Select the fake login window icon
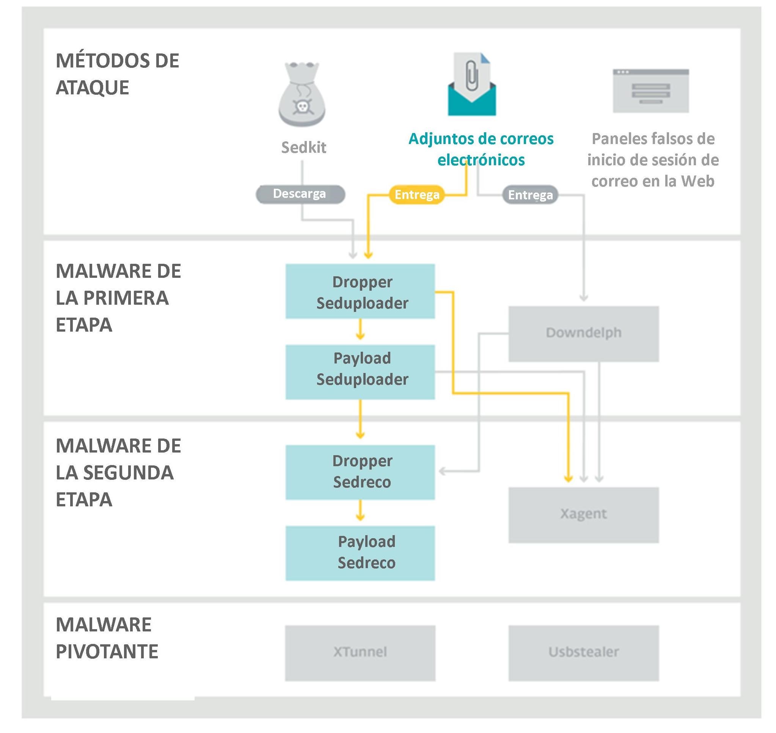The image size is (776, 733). click(x=650, y=91)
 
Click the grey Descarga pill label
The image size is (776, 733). click(x=300, y=194)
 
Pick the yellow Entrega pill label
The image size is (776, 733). click(x=417, y=194)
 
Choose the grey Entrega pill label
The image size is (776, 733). click(x=530, y=195)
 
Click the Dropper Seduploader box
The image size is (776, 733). click(x=360, y=291)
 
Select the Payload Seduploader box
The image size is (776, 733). click(x=360, y=372)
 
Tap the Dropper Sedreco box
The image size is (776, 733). click(x=360, y=472)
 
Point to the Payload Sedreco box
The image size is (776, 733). click(x=360, y=553)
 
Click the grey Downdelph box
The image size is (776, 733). click(x=583, y=334)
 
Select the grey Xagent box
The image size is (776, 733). click(x=583, y=515)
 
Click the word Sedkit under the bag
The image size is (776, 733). click(x=304, y=148)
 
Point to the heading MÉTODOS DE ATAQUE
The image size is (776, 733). click(x=117, y=74)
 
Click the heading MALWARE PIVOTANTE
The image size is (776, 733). click(x=107, y=637)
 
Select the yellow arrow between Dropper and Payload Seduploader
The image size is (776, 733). click(x=360, y=330)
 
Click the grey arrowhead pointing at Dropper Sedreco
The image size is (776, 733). click(x=443, y=471)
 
